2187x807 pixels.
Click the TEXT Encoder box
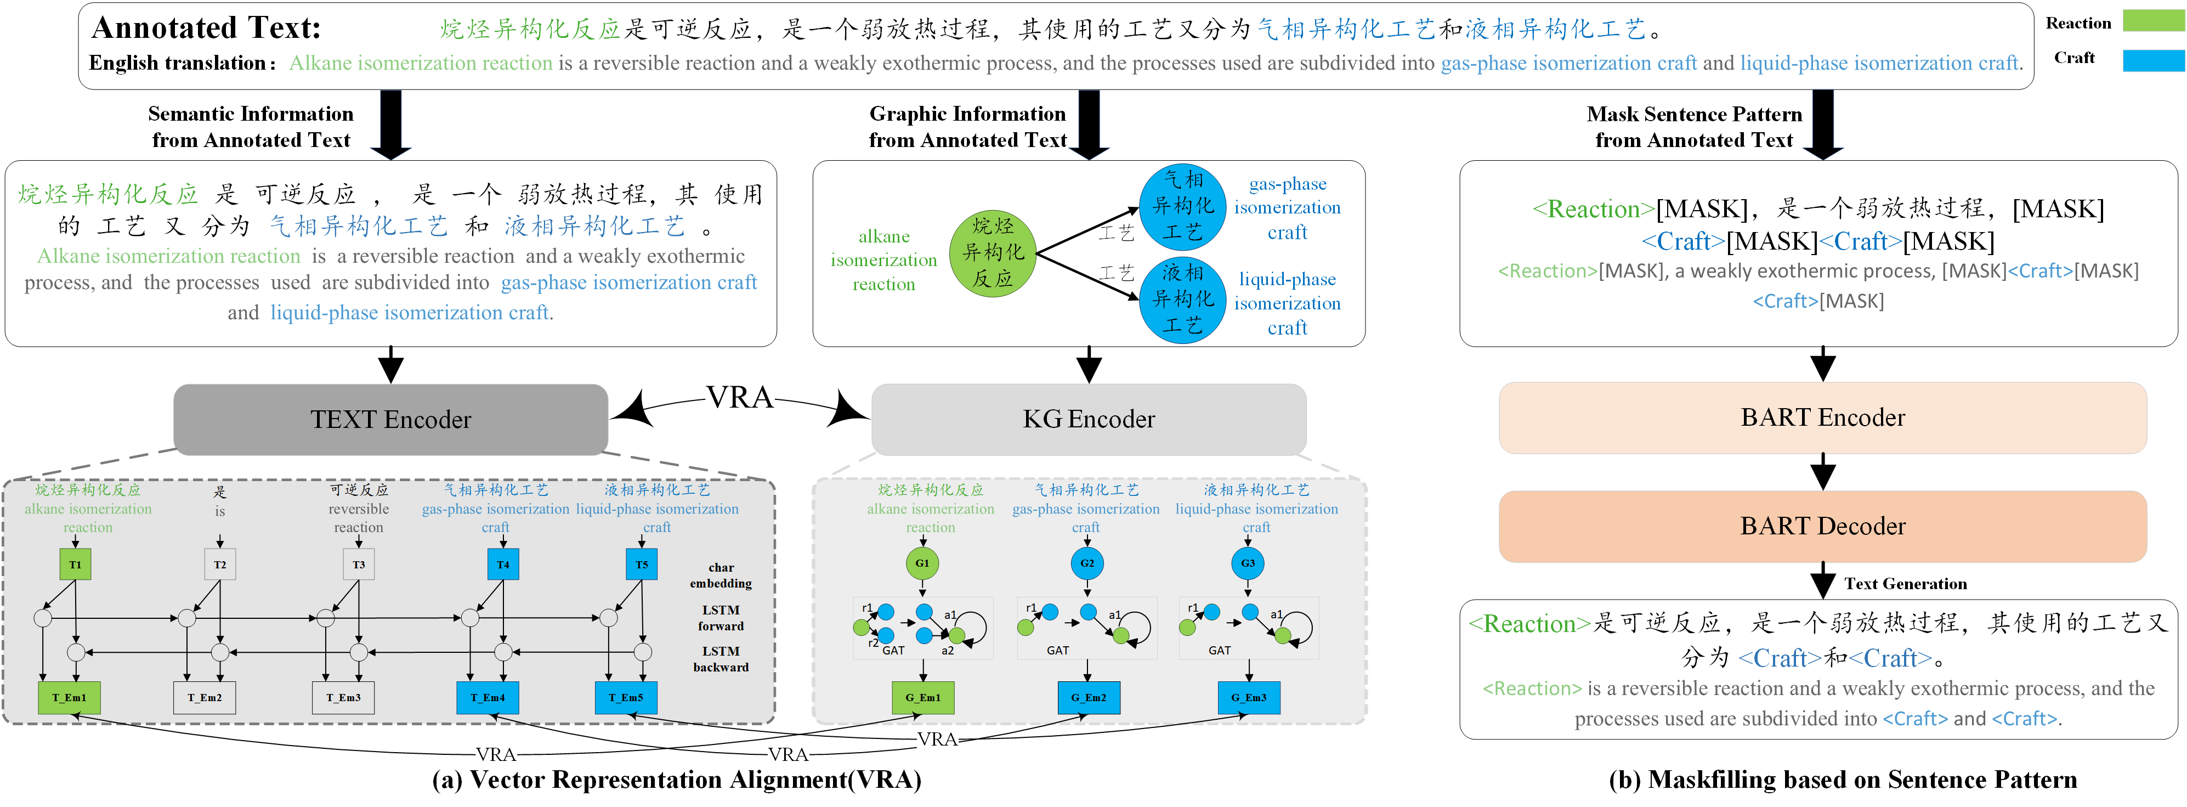(x=390, y=420)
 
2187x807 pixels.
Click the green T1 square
(x=76, y=565)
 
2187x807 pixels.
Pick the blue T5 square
(x=642, y=565)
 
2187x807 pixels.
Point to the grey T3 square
(x=359, y=565)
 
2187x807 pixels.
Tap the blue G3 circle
(x=1248, y=563)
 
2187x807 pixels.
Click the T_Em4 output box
(x=488, y=697)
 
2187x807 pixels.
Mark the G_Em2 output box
(x=1089, y=697)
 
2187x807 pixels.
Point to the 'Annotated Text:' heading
(x=206, y=28)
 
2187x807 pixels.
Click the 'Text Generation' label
(x=1905, y=584)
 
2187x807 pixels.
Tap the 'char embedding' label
(x=721, y=575)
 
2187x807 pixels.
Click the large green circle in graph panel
(x=993, y=252)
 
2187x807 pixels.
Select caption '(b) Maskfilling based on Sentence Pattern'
(x=1842, y=780)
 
